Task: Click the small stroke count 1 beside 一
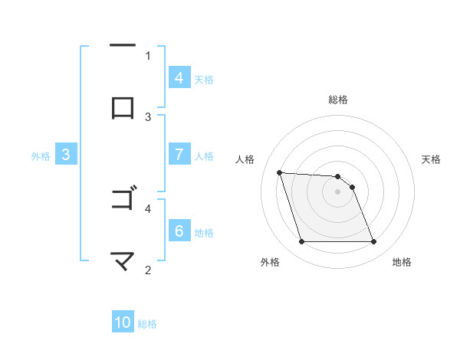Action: (x=148, y=55)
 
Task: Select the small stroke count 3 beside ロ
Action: (x=148, y=116)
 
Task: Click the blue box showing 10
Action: (x=123, y=322)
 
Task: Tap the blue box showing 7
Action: (x=179, y=155)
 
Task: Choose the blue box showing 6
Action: (x=179, y=231)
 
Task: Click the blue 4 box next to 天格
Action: (x=179, y=78)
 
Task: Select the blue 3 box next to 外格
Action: (x=66, y=155)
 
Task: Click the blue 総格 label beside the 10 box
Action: (x=147, y=324)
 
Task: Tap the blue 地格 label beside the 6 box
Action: (x=204, y=232)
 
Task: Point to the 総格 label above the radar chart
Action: (x=338, y=100)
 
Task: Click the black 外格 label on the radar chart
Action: (x=270, y=263)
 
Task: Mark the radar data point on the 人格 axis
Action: (x=279, y=173)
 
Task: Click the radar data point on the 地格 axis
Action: (x=373, y=242)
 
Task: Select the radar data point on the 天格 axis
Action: (x=352, y=187)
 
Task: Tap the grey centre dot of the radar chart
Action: (x=338, y=191)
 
